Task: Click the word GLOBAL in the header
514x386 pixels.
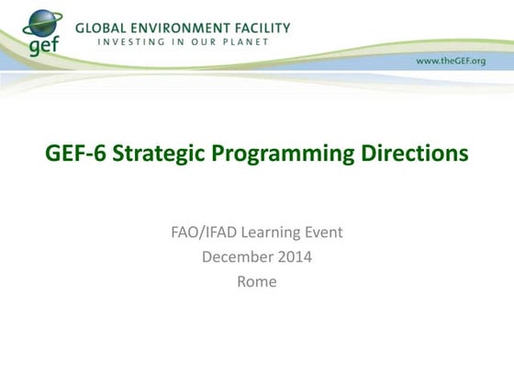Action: coord(102,28)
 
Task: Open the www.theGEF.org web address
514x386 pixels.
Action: coord(452,60)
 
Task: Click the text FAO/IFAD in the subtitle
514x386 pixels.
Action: coord(203,233)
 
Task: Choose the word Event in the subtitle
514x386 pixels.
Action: coord(322,233)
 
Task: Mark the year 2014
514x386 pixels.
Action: coord(295,257)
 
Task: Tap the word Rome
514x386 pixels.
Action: coord(257,282)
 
